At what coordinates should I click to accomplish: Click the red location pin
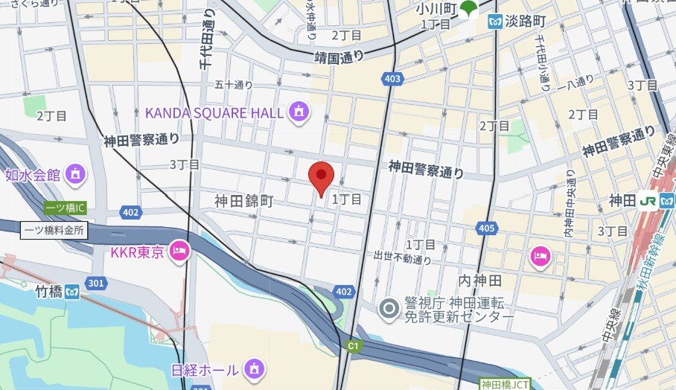click(321, 177)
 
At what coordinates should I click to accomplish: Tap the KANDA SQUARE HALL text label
click(214, 112)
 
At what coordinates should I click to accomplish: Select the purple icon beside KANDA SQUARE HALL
click(299, 112)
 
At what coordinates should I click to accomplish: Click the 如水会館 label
click(32, 175)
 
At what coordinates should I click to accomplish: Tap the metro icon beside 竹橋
click(72, 290)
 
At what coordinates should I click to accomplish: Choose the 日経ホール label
click(205, 369)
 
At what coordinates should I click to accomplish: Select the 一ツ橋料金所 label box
click(44, 230)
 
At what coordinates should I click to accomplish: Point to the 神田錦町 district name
click(244, 201)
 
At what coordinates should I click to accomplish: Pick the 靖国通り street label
click(339, 57)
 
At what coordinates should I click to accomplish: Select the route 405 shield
click(487, 227)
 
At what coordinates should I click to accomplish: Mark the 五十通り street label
click(234, 85)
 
